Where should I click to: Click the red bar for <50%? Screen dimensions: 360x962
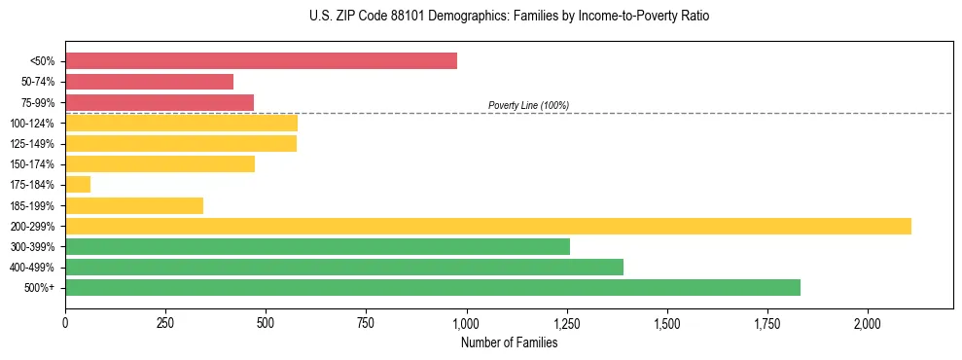[261, 61]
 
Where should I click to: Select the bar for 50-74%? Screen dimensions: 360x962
[149, 82]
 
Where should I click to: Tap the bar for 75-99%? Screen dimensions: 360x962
[160, 102]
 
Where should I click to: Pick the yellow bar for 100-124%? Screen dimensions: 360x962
[181, 124]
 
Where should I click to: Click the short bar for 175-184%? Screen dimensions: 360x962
[78, 185]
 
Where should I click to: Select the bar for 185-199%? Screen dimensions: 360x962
[134, 205]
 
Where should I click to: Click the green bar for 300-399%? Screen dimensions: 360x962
[317, 246]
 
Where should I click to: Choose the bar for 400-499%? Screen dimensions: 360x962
[344, 267]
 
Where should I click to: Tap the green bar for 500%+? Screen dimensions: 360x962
[433, 287]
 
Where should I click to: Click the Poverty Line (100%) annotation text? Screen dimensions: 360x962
[528, 105]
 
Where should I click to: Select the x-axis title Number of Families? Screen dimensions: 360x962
[509, 342]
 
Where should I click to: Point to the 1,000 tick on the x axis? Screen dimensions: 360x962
[466, 323]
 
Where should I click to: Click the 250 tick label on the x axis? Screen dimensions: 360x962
[165, 323]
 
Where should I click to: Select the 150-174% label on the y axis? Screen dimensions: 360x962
[32, 164]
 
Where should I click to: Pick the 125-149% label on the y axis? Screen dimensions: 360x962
[32, 144]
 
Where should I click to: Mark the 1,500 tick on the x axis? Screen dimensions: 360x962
[666, 323]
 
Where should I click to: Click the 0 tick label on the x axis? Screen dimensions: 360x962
[65, 323]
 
